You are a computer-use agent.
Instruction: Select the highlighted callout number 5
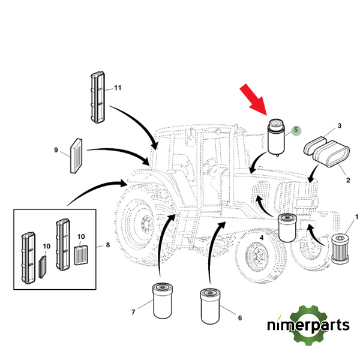point(295,130)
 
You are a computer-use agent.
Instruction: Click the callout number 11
point(118,88)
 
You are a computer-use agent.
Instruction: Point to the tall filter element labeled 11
point(98,97)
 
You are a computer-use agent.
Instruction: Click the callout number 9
point(56,150)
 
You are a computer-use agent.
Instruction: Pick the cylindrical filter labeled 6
point(209,305)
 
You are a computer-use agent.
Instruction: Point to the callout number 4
point(262,239)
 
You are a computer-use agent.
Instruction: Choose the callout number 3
point(339,126)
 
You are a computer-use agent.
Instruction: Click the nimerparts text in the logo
point(308,326)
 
